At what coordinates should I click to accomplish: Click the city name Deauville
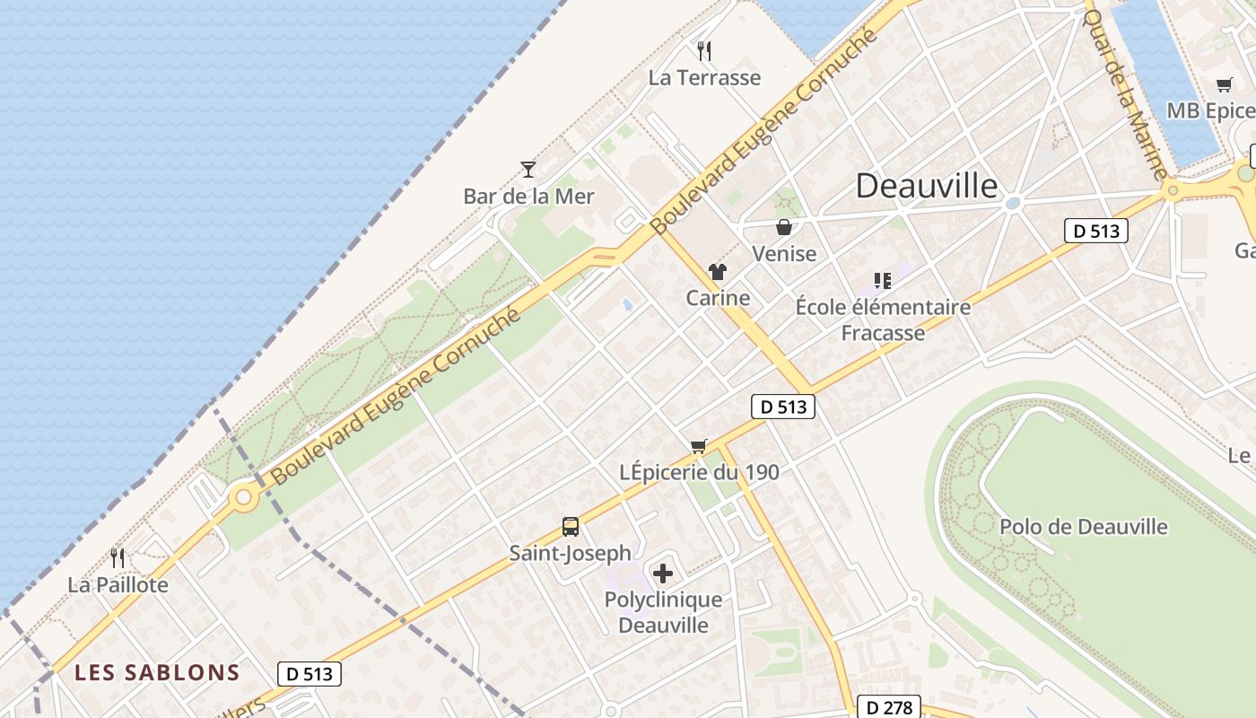[926, 186]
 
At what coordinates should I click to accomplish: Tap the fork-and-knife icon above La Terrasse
[704, 50]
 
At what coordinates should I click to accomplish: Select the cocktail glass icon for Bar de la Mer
[528, 169]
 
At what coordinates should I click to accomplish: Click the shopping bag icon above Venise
[784, 227]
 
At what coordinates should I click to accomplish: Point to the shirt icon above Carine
[717, 271]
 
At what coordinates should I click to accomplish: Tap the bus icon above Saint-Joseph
[570, 527]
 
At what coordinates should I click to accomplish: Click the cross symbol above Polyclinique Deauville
[663, 573]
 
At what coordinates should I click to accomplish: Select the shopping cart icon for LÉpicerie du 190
[699, 446]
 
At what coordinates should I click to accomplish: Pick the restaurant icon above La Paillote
[118, 558]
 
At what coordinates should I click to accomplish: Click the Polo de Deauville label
[1084, 527]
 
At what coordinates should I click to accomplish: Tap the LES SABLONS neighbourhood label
[157, 672]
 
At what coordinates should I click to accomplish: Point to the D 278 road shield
[890, 707]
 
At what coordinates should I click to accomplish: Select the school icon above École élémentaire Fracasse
[883, 281]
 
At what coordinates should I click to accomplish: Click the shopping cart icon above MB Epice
[1225, 85]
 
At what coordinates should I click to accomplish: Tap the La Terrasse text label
[704, 78]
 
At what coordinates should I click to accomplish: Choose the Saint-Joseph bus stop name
[570, 553]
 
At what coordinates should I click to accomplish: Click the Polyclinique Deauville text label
[663, 612]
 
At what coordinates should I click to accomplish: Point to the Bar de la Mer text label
[528, 196]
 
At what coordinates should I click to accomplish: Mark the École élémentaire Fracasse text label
[883, 320]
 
